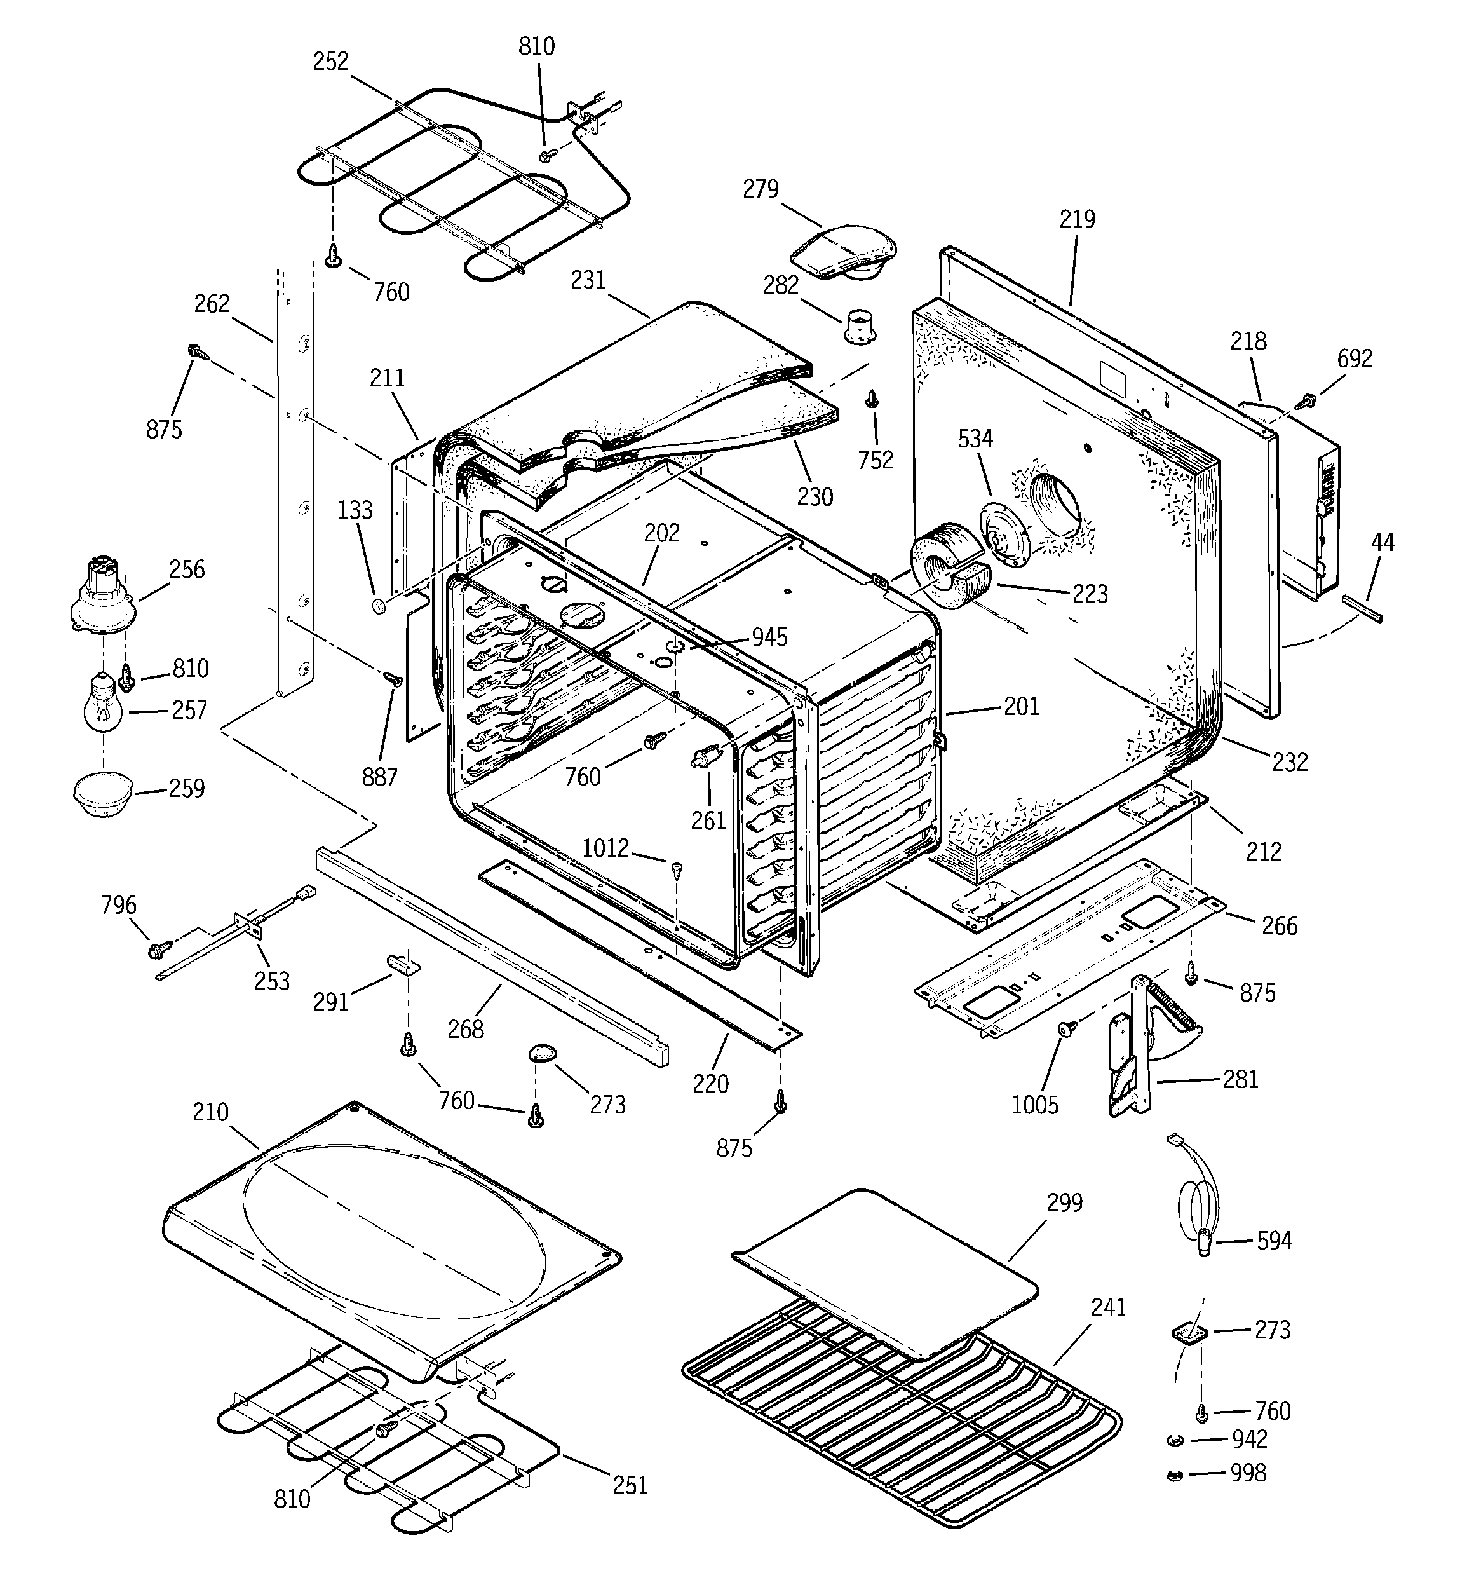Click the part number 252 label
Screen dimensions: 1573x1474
click(x=331, y=61)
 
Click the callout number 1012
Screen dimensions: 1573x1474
click(x=605, y=848)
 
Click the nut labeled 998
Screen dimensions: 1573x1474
click(x=1175, y=1474)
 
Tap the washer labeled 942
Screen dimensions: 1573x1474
click(x=1175, y=1438)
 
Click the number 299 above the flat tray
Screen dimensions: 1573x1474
click(x=1064, y=1202)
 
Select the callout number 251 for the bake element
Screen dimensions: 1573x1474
click(x=630, y=1485)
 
